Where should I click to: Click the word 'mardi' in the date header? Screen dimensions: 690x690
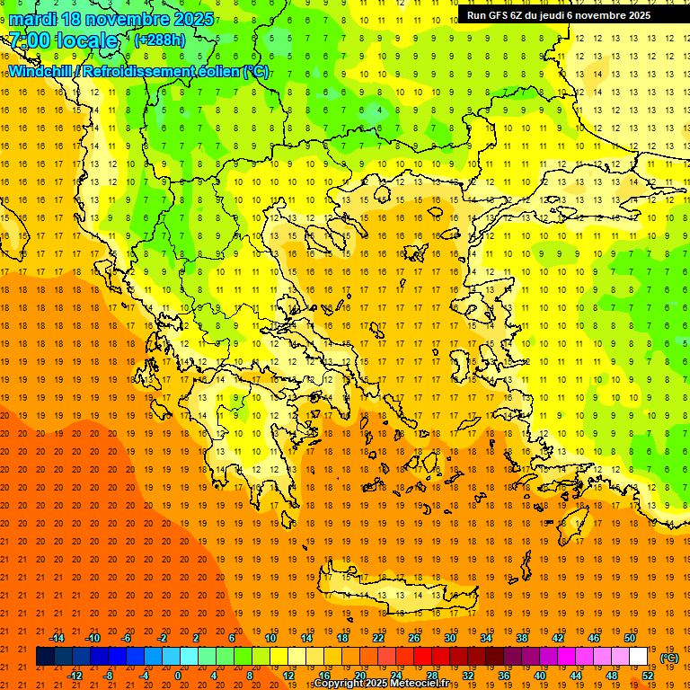(33, 19)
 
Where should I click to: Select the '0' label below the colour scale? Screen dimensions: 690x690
(178, 676)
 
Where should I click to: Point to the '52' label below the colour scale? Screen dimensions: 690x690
(648, 676)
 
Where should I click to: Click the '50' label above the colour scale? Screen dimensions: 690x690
(630, 638)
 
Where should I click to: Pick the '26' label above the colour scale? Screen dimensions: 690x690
(414, 638)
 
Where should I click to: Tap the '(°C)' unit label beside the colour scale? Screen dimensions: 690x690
(669, 658)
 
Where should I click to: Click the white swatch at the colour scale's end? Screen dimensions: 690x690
(639, 657)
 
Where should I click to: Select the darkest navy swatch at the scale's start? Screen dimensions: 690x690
(45, 657)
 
